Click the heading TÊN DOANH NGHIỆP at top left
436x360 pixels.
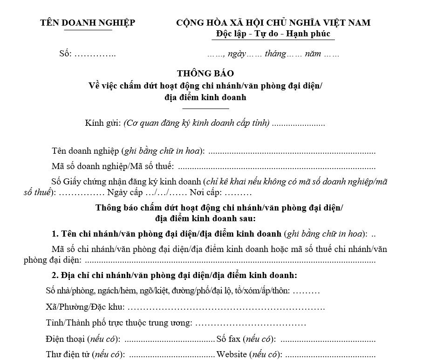[x=88, y=23]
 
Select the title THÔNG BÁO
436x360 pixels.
[x=205, y=74]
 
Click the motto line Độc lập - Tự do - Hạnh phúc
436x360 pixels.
[x=275, y=34]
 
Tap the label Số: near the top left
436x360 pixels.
[x=66, y=54]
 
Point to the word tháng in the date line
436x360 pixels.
[x=275, y=54]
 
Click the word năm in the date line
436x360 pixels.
[x=313, y=54]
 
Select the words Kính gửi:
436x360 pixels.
[x=103, y=123]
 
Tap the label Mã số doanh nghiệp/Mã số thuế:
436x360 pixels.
[x=113, y=166]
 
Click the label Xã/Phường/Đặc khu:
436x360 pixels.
[x=86, y=307]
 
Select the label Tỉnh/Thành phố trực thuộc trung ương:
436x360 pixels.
[x=119, y=323]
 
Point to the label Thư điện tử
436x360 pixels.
[x=68, y=354]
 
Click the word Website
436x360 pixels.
[x=232, y=354]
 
